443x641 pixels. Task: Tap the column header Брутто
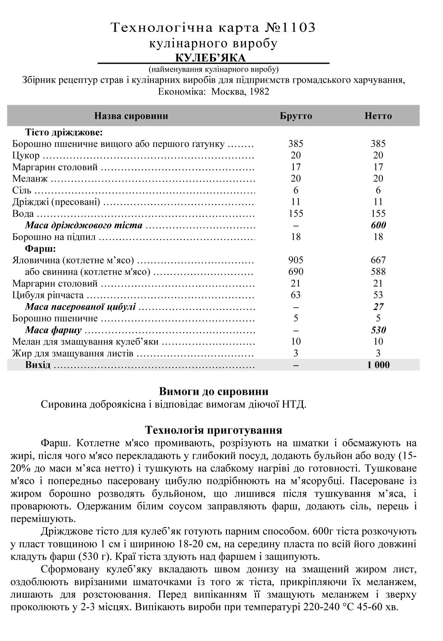[296, 116]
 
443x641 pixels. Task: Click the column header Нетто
[378, 116]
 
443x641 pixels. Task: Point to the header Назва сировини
[131, 116]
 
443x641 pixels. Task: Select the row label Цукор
[26, 155]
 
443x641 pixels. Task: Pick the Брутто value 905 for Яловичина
[296, 260]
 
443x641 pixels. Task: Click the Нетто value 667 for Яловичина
[378, 260]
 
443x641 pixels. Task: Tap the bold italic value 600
[378, 225]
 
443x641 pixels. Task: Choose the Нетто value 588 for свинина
[378, 272]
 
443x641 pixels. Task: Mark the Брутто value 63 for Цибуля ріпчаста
[296, 295]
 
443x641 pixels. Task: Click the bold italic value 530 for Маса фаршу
[378, 330]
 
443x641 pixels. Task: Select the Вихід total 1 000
[378, 365]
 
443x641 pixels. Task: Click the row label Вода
[23, 214]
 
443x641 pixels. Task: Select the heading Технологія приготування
[214, 430]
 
